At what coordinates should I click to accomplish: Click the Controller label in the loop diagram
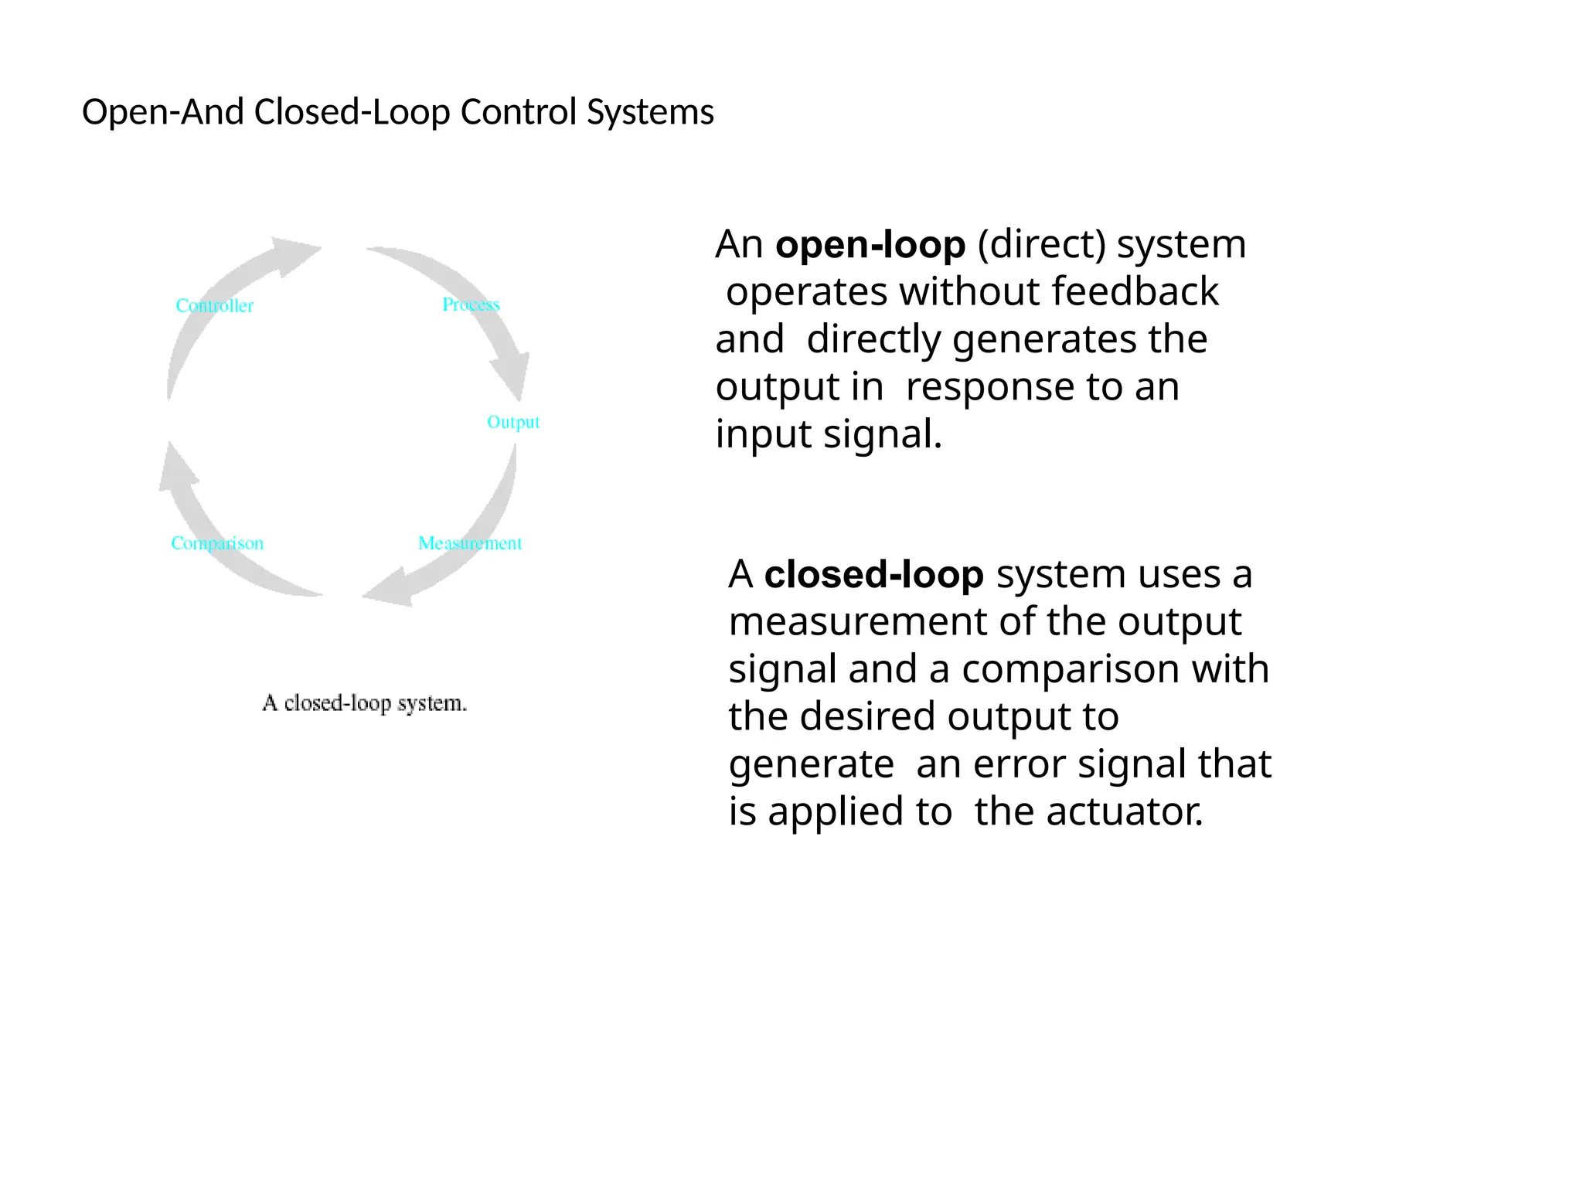[214, 306]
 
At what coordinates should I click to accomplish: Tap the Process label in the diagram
[471, 304]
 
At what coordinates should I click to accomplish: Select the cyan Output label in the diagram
[513, 422]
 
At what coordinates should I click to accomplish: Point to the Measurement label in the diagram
[470, 543]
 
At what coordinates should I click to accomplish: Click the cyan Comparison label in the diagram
[217, 543]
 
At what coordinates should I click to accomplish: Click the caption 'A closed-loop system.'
[365, 703]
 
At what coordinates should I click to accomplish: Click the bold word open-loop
[870, 245]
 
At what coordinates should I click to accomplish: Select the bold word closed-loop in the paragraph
[873, 575]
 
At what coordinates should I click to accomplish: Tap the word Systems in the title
[650, 112]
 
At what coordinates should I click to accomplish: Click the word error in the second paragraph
[1020, 764]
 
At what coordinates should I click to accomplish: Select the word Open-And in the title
[163, 112]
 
